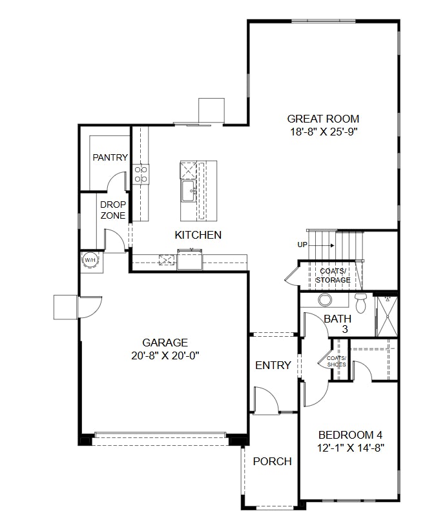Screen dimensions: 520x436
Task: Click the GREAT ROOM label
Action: (x=323, y=119)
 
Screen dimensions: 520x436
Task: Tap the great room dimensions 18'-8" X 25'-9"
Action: (x=323, y=132)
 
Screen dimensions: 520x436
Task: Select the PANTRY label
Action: (x=110, y=157)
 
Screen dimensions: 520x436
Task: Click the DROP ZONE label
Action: (x=113, y=210)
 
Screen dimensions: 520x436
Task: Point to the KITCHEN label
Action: (x=198, y=235)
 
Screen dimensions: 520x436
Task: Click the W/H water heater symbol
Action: (x=89, y=259)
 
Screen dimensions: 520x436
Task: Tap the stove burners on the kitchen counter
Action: (x=141, y=173)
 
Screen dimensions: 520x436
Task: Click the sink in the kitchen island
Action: (x=189, y=190)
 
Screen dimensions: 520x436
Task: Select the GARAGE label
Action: (x=165, y=343)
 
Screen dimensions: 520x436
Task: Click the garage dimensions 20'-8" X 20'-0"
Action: (x=165, y=355)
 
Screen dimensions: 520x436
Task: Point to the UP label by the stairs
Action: (x=302, y=245)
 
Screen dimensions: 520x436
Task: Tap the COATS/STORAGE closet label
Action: (x=333, y=275)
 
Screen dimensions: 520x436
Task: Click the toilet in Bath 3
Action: (x=360, y=302)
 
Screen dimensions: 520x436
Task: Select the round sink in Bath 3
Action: (x=325, y=300)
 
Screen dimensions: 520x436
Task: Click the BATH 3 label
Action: (x=337, y=323)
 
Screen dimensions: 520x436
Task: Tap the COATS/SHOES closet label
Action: (x=337, y=361)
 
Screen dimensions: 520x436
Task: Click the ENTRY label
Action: (x=273, y=365)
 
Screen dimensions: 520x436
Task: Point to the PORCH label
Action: (x=272, y=461)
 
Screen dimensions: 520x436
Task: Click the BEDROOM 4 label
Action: (x=351, y=435)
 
